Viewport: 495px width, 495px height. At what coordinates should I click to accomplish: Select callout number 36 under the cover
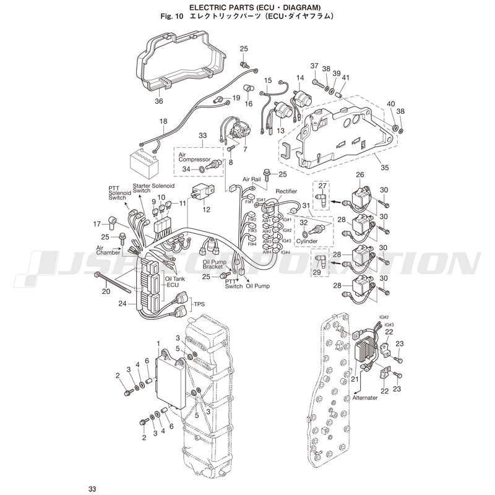coord(158,101)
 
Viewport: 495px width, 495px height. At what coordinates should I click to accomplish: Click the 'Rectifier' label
coord(286,191)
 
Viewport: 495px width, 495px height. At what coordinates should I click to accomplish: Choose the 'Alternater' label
coord(365,398)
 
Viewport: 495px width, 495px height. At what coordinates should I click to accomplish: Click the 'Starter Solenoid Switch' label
coord(150,188)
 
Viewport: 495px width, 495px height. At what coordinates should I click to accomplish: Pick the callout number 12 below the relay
coord(206,210)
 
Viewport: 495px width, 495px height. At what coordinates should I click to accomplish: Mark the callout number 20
coord(106,290)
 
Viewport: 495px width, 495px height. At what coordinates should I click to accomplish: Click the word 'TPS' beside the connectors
coord(199,304)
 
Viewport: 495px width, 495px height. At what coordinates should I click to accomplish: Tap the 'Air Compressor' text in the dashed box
coord(191,156)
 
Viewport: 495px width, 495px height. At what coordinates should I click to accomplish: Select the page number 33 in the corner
coord(92,489)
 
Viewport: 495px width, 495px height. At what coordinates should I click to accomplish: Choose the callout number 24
coord(123,303)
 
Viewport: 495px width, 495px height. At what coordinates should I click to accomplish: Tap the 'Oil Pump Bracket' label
coord(214,265)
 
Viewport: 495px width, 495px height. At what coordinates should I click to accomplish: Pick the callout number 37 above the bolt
coord(314,66)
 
